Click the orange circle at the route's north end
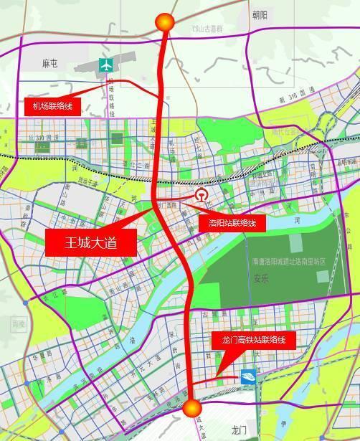(166, 22)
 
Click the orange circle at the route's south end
(191, 408)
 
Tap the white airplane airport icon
(108, 64)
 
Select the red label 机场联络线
(53, 107)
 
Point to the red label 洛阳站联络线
(232, 223)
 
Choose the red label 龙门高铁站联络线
(252, 339)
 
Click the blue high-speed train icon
(247, 374)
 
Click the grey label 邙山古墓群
(209, 30)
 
